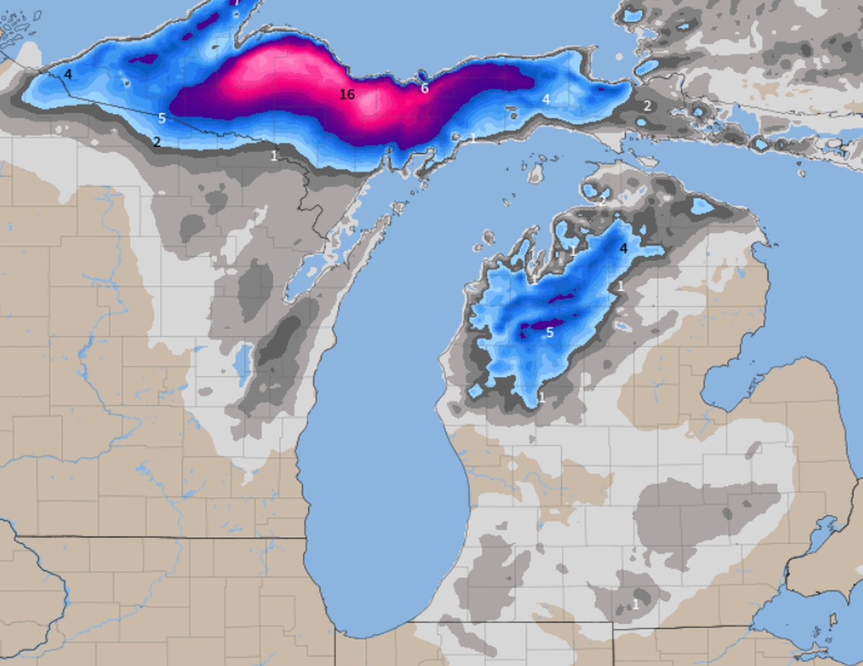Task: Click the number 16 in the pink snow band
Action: (x=347, y=94)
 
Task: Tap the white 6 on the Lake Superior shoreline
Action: (x=425, y=88)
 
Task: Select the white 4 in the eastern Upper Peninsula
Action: (x=546, y=99)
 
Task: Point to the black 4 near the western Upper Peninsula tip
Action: (x=68, y=74)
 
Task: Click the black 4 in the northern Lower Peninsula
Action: (x=623, y=248)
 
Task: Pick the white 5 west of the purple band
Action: (x=162, y=118)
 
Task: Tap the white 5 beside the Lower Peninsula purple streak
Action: (x=549, y=332)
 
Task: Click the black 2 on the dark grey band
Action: (x=156, y=142)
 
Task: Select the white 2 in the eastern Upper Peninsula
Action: (x=647, y=105)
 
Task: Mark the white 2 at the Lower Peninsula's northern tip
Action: (x=602, y=200)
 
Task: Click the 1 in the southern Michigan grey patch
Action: (x=636, y=604)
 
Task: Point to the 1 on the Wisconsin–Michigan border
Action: (x=274, y=156)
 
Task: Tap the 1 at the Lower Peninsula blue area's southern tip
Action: (x=541, y=398)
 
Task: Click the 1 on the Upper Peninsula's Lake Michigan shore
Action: (x=473, y=138)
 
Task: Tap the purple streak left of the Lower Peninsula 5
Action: (x=533, y=327)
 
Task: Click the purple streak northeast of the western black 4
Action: (x=144, y=59)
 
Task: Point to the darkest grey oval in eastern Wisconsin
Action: (x=280, y=337)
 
